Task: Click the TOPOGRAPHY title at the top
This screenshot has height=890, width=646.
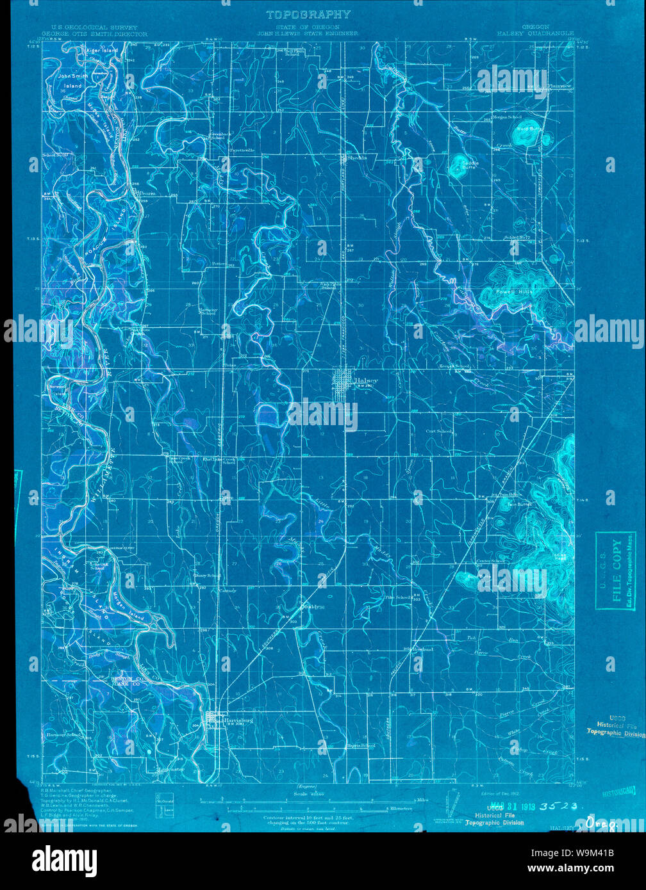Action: coord(308,15)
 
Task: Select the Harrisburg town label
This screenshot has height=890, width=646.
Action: coord(236,720)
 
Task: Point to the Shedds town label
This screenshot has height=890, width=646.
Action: coord(356,157)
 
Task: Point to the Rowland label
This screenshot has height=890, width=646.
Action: coord(422,649)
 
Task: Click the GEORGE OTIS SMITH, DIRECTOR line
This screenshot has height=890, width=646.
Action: coord(94,33)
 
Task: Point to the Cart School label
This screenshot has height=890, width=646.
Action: coord(439,432)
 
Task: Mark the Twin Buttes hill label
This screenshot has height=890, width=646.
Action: coord(520,505)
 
